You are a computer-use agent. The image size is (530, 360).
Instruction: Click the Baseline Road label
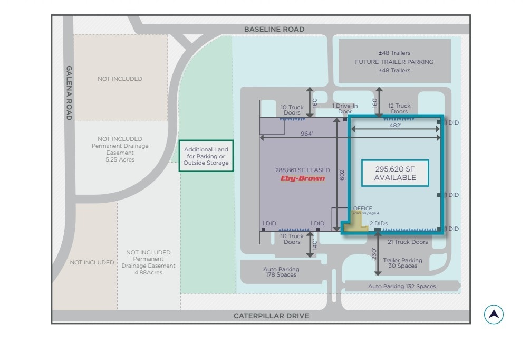coord(274,29)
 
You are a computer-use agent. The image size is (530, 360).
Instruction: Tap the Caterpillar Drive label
coord(271,316)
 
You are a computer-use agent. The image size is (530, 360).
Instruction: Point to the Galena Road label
coord(69,93)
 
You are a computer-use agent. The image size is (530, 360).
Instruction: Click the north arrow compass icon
coord(494,315)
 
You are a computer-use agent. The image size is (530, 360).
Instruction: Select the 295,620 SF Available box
coord(395,173)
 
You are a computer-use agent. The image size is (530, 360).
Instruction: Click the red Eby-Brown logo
coord(303,178)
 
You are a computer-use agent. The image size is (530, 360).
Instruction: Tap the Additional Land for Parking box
coord(206,156)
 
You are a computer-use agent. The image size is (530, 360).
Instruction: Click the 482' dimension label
coord(395,126)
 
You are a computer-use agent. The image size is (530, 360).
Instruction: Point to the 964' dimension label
coord(307,134)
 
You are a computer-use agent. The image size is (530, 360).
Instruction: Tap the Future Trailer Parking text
coord(394,62)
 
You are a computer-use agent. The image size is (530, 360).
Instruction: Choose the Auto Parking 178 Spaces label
coord(281,272)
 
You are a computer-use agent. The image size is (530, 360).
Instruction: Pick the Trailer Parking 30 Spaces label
coord(402,263)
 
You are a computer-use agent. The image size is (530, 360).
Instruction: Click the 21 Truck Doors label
coord(408,242)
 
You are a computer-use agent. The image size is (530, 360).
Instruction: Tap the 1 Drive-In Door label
coord(345,109)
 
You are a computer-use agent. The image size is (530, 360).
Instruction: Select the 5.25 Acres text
coord(120,159)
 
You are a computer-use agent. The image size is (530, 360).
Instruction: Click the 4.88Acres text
coord(148,272)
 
